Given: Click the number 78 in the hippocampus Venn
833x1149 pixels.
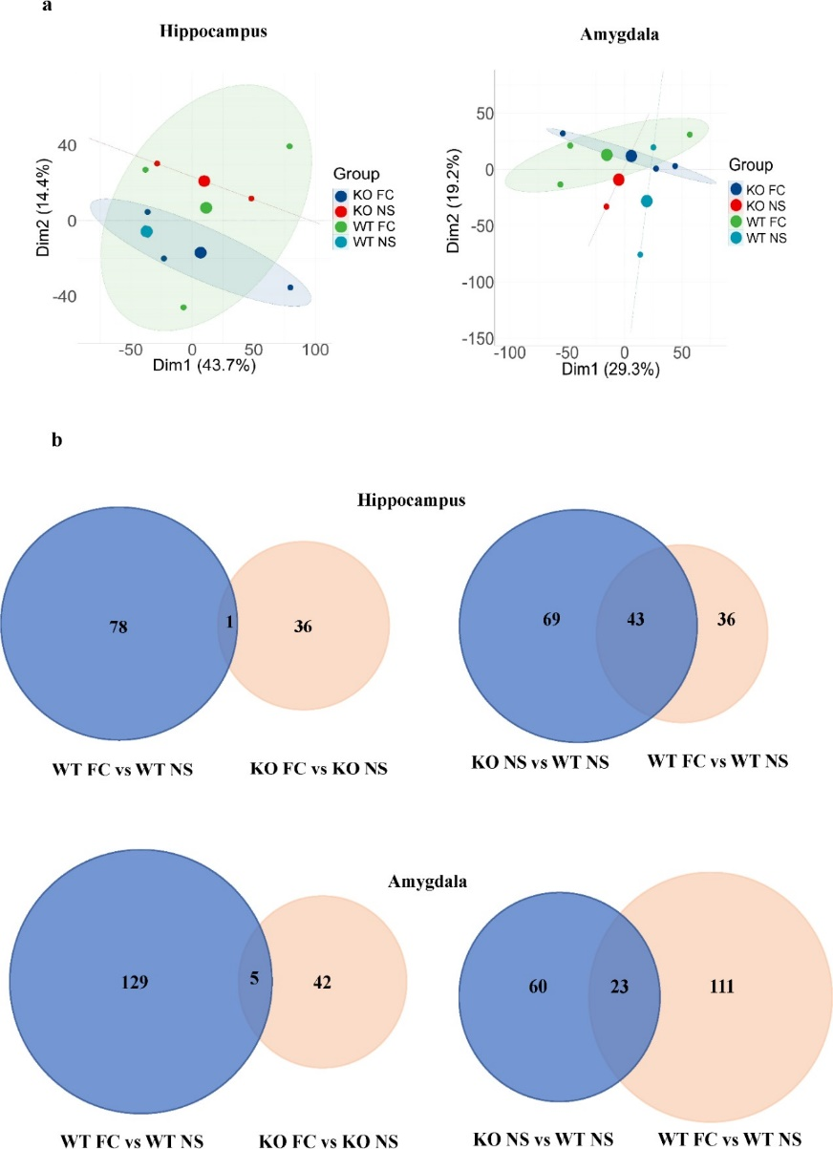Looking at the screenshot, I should coord(118,628).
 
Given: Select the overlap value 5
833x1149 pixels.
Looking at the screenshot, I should coord(254,978).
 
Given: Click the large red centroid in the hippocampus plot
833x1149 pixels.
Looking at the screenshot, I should coord(204,181).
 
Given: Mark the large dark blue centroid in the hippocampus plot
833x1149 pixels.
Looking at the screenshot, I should coord(201,252).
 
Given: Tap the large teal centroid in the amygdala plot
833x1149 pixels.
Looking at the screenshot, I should coord(647,201).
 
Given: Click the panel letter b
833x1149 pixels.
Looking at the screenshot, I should coord(57,442).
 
